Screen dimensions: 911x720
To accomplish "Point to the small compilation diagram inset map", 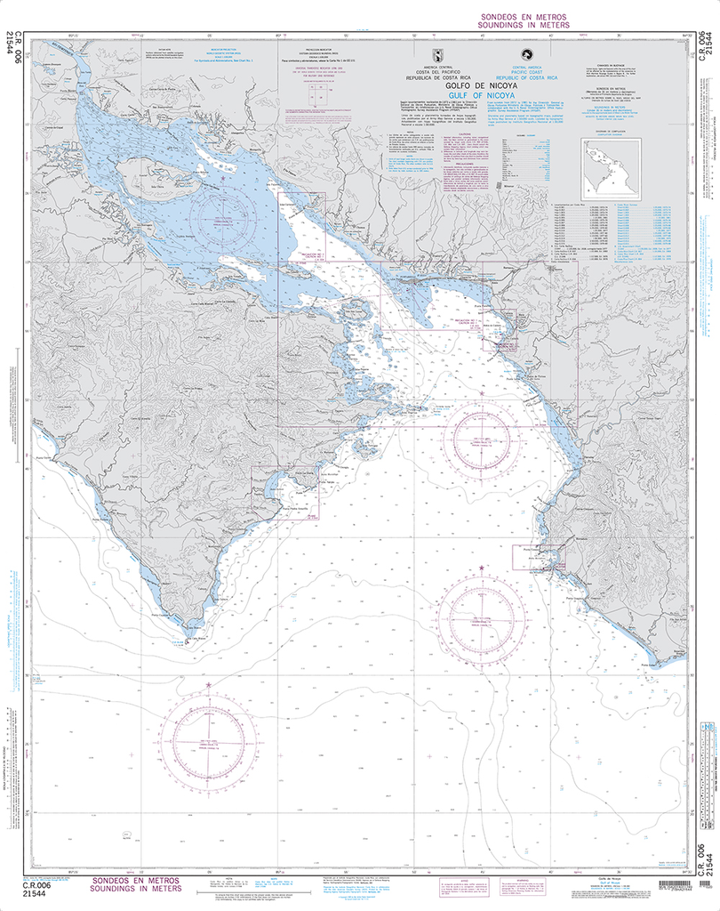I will tap(612, 168).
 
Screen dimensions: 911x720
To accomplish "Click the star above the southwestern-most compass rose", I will tap(209, 685).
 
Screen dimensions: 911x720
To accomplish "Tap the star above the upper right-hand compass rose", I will tap(482, 392).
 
